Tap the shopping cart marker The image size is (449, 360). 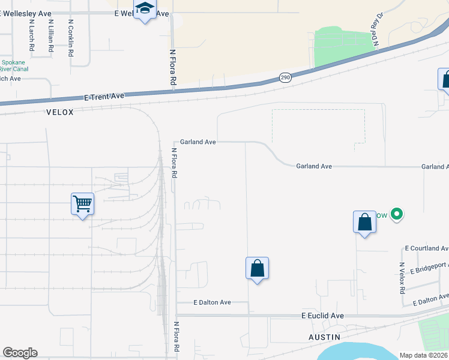[82, 204]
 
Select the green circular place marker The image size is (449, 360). [396, 214]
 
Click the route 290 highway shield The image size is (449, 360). [285, 78]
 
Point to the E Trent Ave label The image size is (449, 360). [104, 96]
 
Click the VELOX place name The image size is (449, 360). [59, 112]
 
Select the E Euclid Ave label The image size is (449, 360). [322, 316]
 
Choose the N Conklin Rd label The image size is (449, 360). [71, 38]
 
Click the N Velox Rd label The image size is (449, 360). [402, 278]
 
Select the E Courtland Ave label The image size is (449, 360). [426, 248]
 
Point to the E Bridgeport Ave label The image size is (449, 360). [429, 268]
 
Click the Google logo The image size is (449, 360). [20, 353]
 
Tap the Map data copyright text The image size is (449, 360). [424, 355]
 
